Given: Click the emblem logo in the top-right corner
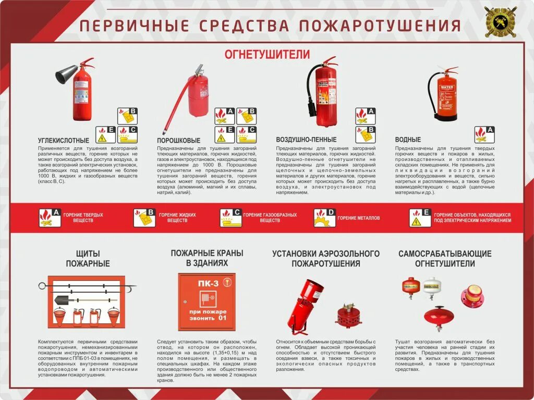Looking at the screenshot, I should (501, 22).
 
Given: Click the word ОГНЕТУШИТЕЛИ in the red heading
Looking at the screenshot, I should (267, 54).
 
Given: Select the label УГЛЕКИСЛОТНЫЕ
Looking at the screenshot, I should (64, 141).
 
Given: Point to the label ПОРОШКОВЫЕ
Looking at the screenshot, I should (179, 141).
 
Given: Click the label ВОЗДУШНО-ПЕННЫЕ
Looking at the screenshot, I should (306, 140).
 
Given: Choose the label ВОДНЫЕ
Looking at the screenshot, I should (408, 140).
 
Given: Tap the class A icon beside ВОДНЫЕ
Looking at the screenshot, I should (484, 134).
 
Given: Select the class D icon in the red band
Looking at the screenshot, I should (324, 218).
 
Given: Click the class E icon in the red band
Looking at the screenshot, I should (420, 218).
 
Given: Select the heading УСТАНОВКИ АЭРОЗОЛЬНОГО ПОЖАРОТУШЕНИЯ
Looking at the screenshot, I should (326, 258).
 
